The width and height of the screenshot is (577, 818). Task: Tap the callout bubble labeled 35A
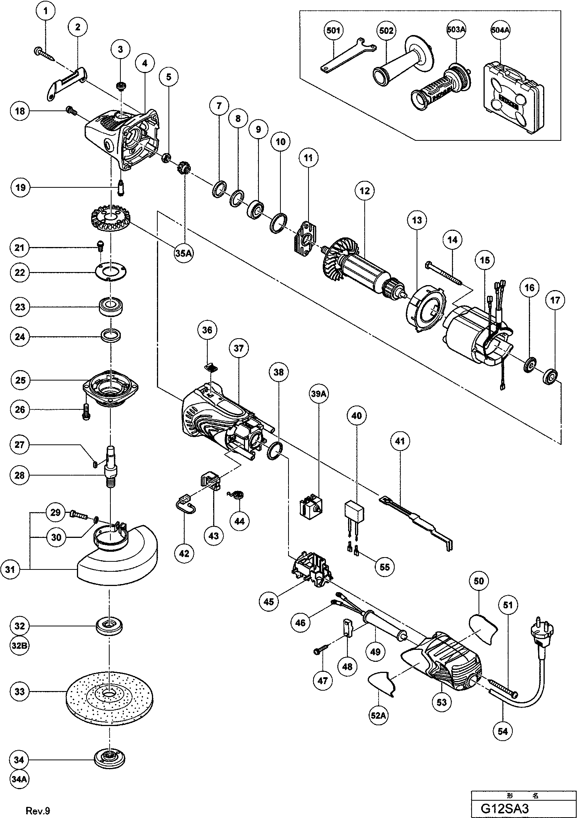click(x=183, y=255)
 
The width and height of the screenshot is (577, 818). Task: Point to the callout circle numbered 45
click(x=269, y=601)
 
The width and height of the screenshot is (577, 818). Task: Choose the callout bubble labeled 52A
click(x=378, y=716)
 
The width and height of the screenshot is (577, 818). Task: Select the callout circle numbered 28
click(x=20, y=476)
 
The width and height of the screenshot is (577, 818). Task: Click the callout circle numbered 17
click(x=555, y=300)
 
